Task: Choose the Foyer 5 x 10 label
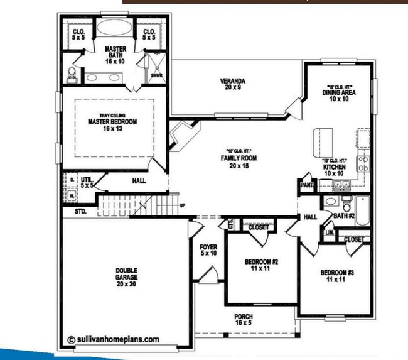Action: (208, 250)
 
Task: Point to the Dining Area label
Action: (340, 95)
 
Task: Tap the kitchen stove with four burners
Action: (363, 164)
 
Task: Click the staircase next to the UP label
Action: (135, 205)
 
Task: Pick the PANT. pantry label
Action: (308, 186)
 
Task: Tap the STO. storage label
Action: (80, 212)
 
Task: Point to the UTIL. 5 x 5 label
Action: (86, 183)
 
